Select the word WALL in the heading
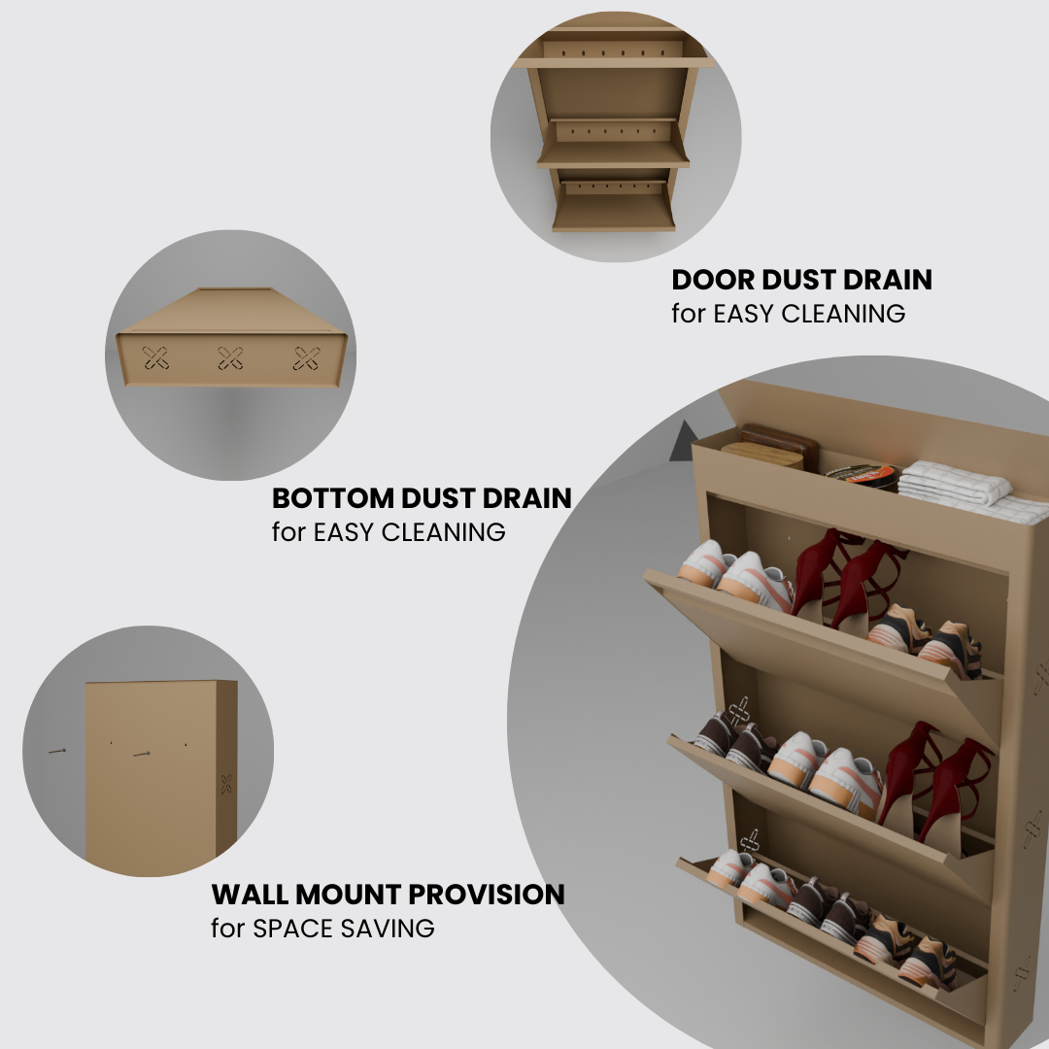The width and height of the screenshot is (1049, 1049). (x=250, y=895)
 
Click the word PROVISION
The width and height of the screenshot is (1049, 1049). (x=487, y=895)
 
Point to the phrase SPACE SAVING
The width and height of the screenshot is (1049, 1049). (x=343, y=929)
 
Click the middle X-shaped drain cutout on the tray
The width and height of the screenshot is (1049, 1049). (x=231, y=358)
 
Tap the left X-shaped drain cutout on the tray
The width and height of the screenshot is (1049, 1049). (x=155, y=357)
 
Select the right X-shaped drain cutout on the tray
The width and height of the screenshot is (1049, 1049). (x=306, y=358)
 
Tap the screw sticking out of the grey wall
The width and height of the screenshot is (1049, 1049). (x=57, y=751)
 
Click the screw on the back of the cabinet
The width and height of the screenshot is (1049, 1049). (x=142, y=754)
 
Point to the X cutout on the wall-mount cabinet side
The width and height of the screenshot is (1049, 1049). (x=226, y=784)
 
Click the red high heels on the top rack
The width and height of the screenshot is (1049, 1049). (x=846, y=579)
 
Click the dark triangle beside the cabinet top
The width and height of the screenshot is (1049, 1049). (x=684, y=441)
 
